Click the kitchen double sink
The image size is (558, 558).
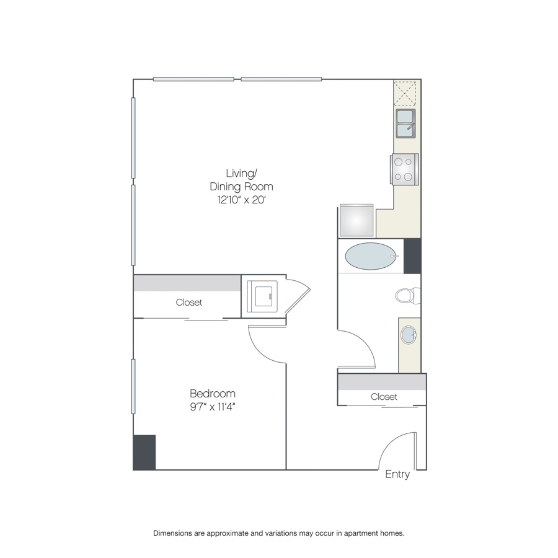click(405, 123)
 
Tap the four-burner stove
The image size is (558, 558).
click(404, 169)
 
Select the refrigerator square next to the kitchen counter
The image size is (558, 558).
click(356, 220)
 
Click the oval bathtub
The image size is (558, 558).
click(371, 256)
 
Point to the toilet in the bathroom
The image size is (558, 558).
click(408, 295)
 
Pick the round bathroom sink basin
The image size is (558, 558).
click(409, 335)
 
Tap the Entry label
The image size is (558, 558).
click(397, 474)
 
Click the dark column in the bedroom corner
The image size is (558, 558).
click(144, 453)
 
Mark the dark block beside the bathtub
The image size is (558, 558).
click(412, 256)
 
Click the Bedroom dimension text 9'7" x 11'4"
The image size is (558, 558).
click(213, 407)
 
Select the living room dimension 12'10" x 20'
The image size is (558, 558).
click(242, 200)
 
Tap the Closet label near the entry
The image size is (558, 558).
click(384, 397)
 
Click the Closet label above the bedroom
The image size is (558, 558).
click(189, 303)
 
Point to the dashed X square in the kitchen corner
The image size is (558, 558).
click(405, 93)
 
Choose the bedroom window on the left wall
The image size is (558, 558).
click(133, 386)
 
